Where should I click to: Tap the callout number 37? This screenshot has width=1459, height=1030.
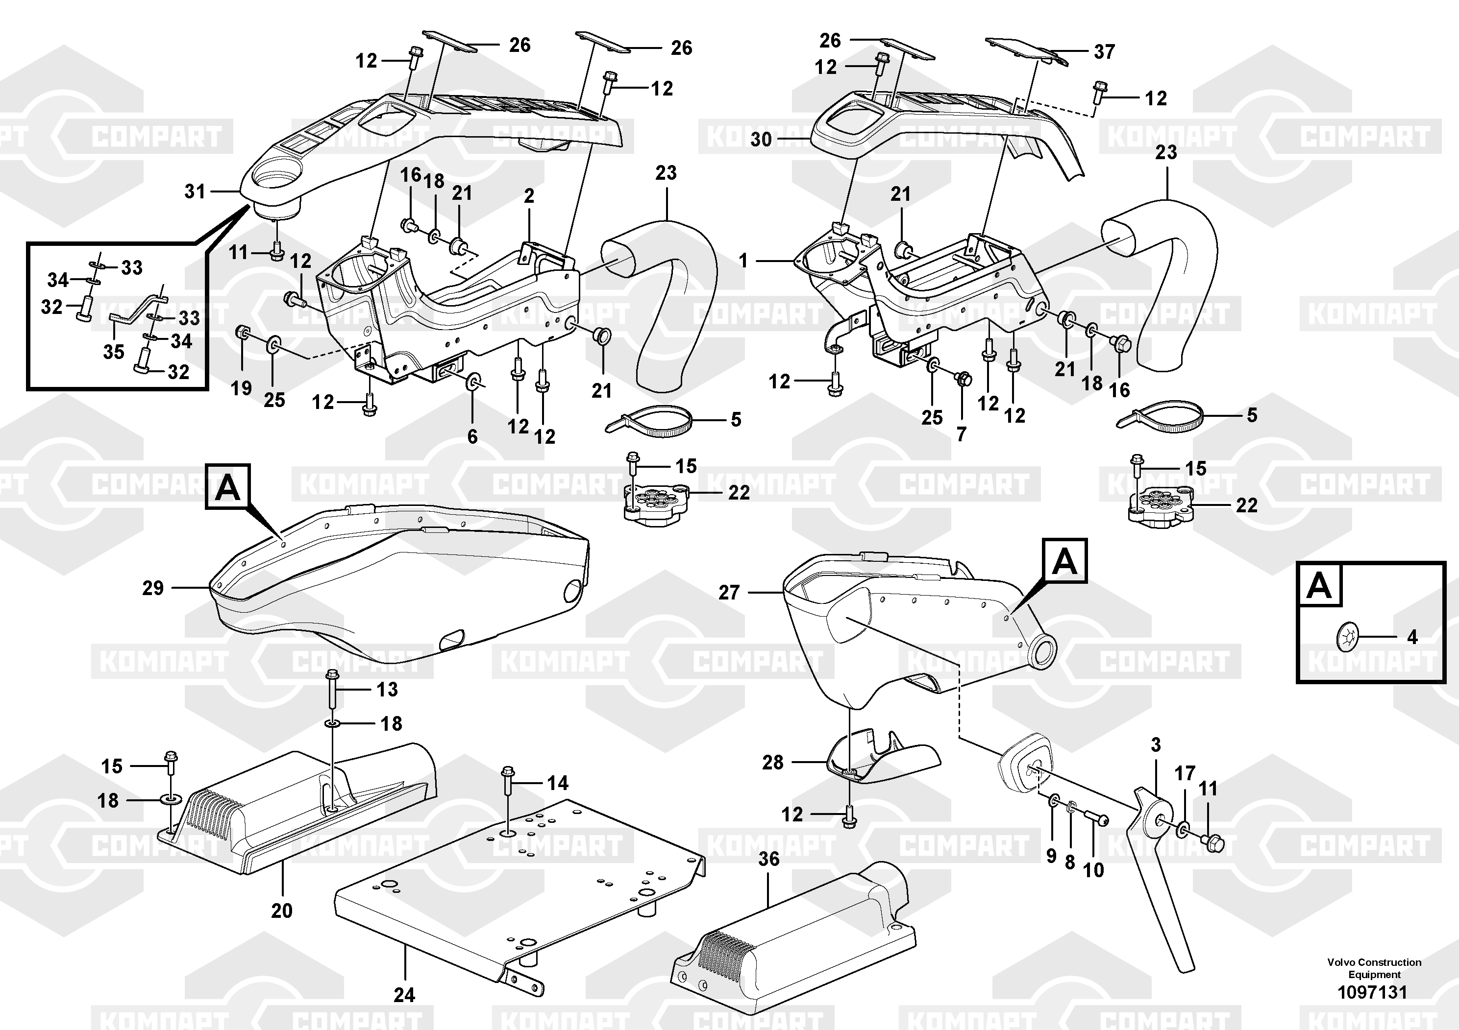click(x=1104, y=51)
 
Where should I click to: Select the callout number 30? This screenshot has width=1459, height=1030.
click(x=761, y=139)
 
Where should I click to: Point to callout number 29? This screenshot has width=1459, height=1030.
click(x=152, y=588)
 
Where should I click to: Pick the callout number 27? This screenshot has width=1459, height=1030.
click(x=729, y=593)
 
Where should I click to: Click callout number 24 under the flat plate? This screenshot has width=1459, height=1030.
click(x=404, y=994)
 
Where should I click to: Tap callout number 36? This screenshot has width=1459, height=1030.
click(x=768, y=859)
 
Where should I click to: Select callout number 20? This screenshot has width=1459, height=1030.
click(x=281, y=910)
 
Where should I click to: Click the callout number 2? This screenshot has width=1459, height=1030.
click(x=529, y=196)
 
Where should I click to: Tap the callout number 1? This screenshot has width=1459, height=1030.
click(x=743, y=261)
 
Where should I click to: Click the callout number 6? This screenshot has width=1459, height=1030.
click(x=472, y=436)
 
